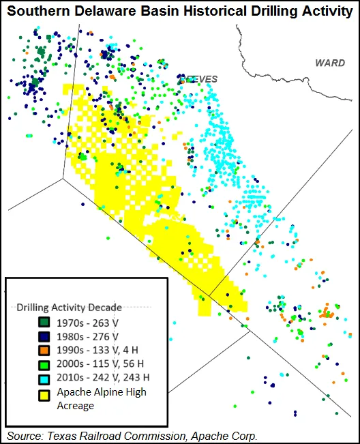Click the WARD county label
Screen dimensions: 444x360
[x=329, y=63]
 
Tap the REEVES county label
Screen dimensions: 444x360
[x=199, y=79]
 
